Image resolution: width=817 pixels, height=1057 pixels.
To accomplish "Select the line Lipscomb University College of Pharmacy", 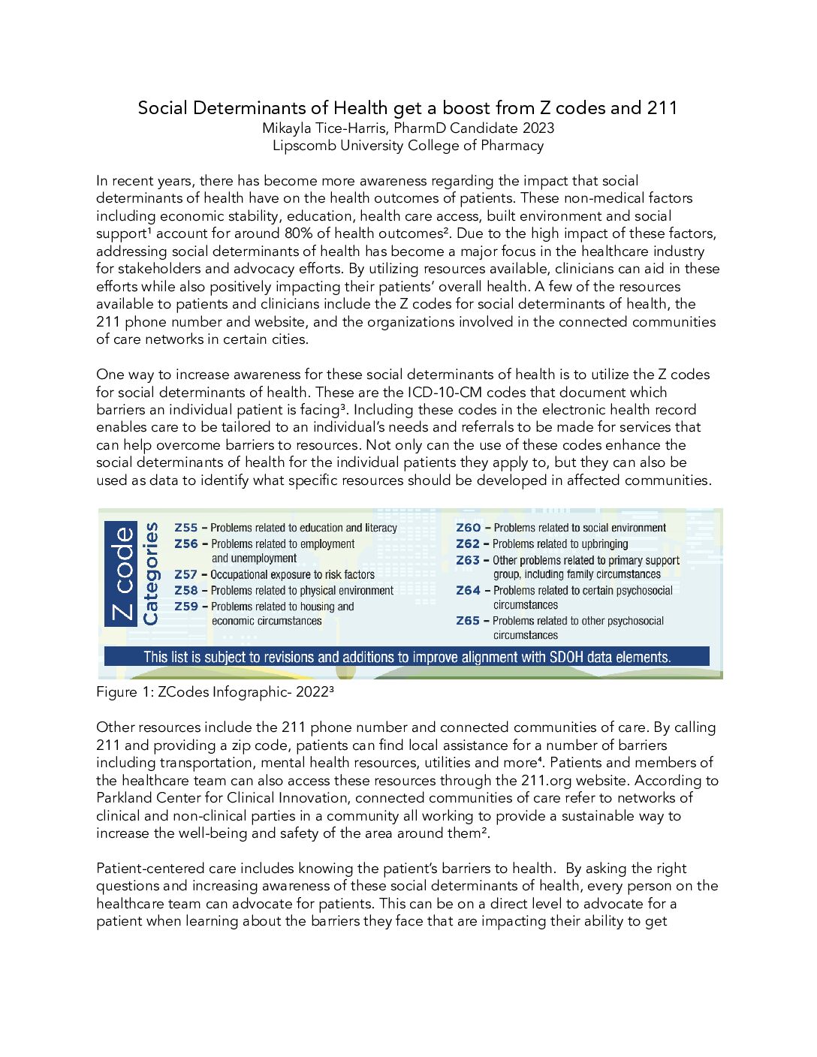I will coord(408,146).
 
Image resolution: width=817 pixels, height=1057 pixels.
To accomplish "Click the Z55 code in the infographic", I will coord(185,528).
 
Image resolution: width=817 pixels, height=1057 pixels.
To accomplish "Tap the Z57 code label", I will coord(185,574).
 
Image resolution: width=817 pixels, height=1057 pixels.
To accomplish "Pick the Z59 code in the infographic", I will coord(185,606).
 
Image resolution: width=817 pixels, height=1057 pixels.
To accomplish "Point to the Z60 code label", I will coord(468,528).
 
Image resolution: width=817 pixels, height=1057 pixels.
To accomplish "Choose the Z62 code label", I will coord(468,544).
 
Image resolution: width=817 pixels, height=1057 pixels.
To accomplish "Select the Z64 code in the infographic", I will coord(468,590).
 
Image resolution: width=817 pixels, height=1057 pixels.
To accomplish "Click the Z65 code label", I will coord(468,621).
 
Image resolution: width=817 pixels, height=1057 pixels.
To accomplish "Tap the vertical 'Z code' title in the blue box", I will coord(122,574).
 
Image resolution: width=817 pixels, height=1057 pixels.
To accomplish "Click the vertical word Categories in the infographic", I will coord(151,574).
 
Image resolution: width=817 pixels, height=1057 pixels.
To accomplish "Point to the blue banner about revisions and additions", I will coord(406,657).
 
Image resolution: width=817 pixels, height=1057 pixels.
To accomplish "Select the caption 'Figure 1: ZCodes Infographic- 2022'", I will coord(214,692).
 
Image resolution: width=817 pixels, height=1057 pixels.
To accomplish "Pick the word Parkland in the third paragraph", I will coord(125,798).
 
